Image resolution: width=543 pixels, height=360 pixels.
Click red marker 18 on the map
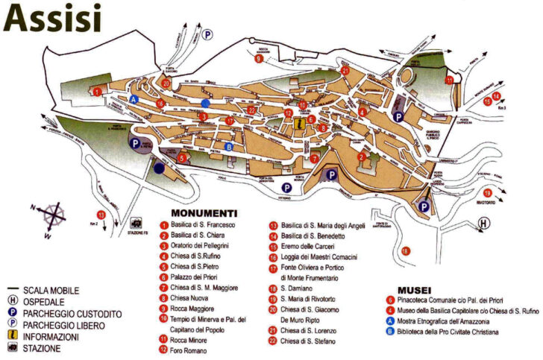[405, 251]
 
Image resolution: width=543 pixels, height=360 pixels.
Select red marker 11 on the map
[450, 79]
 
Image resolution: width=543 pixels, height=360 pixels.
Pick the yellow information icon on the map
[300, 124]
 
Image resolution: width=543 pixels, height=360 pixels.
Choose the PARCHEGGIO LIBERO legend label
[63, 314]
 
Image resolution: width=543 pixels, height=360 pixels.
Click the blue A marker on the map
[134, 99]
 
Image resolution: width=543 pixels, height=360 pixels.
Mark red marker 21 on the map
[345, 71]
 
